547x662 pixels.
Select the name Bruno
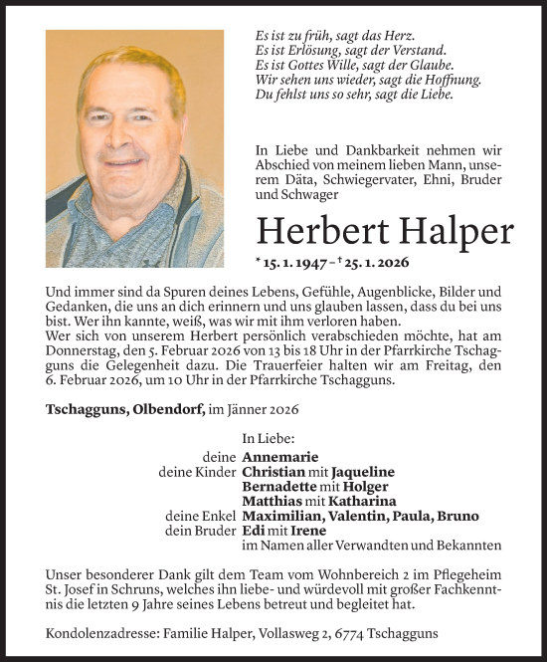tap(456, 517)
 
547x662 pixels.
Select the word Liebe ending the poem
tap(435, 96)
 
